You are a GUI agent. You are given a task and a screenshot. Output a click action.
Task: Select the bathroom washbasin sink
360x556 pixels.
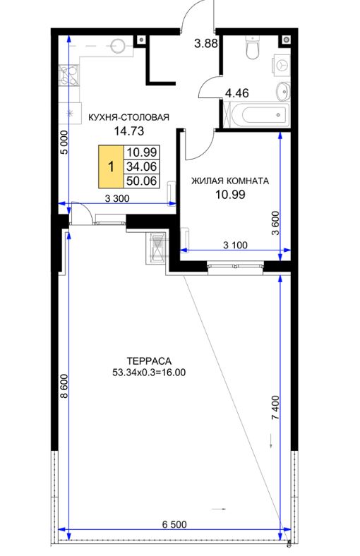coord(282,90)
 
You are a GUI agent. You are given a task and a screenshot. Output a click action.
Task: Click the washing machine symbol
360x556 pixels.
coord(282,64)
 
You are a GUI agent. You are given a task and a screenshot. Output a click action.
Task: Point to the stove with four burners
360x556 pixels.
coord(69,75)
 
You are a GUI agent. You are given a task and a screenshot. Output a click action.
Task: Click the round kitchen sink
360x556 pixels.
coord(118,46)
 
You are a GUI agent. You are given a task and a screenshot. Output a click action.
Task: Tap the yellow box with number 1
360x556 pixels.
coord(111,166)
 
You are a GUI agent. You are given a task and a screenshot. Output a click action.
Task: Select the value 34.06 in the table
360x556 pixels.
coord(142,167)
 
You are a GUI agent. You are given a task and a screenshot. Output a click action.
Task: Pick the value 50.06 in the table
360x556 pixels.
coord(142,181)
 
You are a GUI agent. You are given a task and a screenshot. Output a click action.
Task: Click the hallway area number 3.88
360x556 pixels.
coord(206,44)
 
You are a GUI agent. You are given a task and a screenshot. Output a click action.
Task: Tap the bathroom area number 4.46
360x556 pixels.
coord(237,93)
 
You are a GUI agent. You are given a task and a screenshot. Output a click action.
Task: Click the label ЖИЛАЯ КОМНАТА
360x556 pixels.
coord(230,181)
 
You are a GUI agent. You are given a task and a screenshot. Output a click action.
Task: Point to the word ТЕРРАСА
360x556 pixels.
coord(149,361)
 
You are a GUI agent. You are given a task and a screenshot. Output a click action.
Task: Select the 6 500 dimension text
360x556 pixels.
coord(174,524)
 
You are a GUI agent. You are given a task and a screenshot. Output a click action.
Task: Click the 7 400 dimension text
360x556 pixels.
coord(275,408)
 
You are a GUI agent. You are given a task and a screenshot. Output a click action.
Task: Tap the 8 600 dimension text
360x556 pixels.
coord(64,386)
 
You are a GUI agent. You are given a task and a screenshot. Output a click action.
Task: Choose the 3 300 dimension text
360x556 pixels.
coord(117,198)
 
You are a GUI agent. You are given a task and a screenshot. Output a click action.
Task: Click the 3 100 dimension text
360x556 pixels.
coord(235,245)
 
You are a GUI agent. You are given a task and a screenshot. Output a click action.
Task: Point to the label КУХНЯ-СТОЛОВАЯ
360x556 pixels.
coord(128,117)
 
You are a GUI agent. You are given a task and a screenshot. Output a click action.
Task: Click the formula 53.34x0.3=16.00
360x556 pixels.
coord(149,373)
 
